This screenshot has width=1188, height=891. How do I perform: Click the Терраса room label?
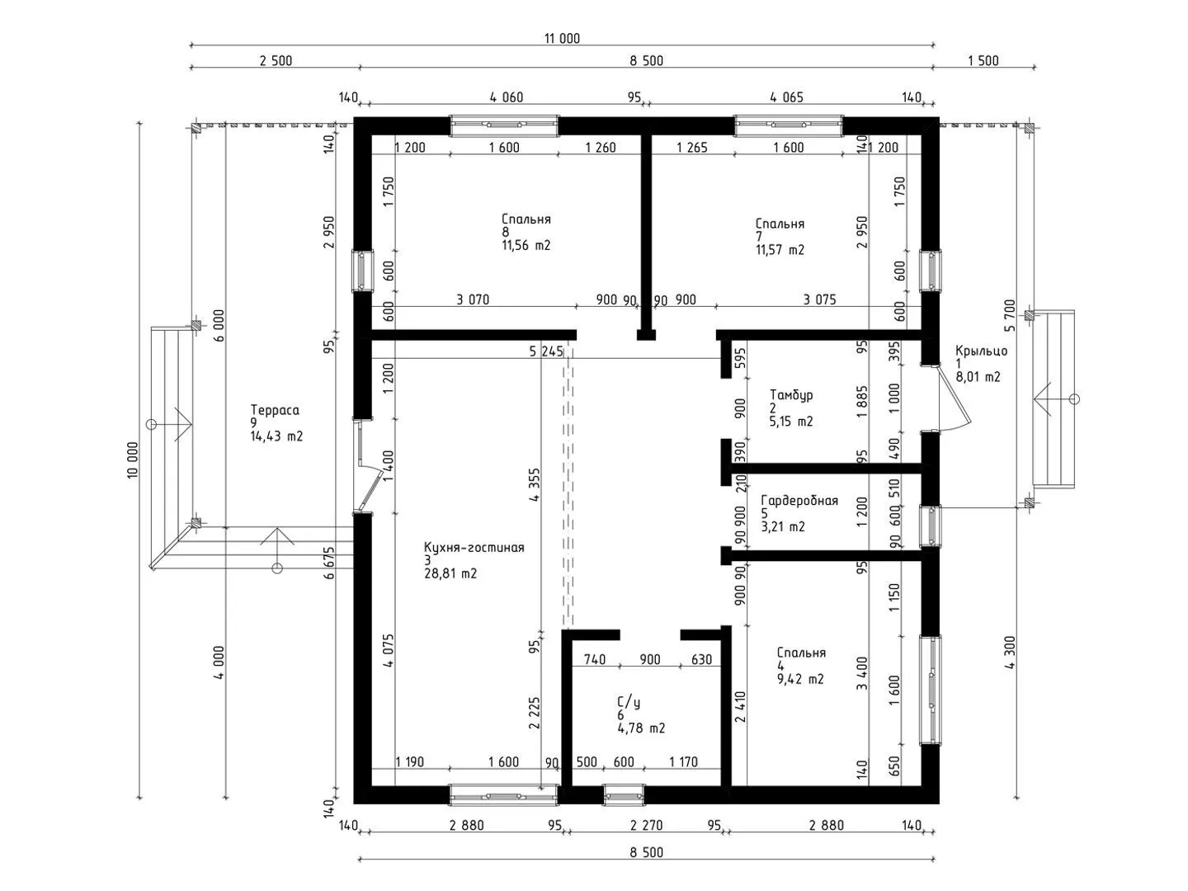click(x=275, y=410)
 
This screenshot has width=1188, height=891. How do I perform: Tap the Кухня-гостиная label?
click(x=474, y=548)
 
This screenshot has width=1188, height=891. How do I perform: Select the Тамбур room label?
click(x=790, y=395)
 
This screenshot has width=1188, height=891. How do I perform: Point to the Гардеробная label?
click(x=799, y=501)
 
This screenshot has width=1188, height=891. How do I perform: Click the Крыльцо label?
click(x=981, y=351)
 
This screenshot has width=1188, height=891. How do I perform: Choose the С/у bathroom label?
click(x=629, y=703)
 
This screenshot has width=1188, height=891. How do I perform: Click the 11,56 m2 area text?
click(x=526, y=246)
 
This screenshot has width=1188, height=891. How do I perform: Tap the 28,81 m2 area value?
click(x=450, y=573)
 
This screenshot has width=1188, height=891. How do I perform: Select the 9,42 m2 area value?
click(x=800, y=679)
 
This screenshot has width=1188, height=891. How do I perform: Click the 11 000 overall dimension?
click(x=562, y=39)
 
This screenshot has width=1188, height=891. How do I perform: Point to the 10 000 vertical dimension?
click(x=133, y=460)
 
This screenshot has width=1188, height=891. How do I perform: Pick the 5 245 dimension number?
click(x=546, y=351)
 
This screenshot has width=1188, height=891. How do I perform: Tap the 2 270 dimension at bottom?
click(x=646, y=825)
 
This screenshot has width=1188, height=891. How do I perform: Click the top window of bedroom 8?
click(x=504, y=125)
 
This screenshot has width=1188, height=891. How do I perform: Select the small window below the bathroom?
click(x=624, y=794)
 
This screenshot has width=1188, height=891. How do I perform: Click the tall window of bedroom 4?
click(x=931, y=690)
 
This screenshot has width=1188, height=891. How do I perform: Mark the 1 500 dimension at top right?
click(x=983, y=61)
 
